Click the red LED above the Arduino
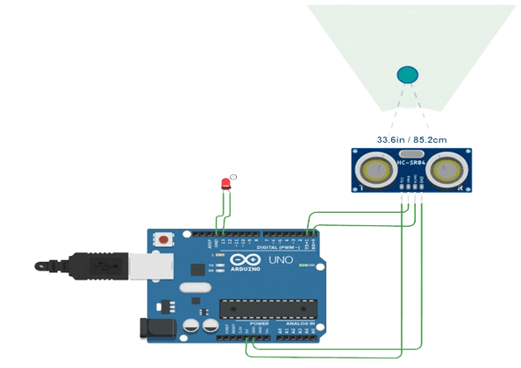(225, 184)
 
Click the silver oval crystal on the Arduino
(195, 287)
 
